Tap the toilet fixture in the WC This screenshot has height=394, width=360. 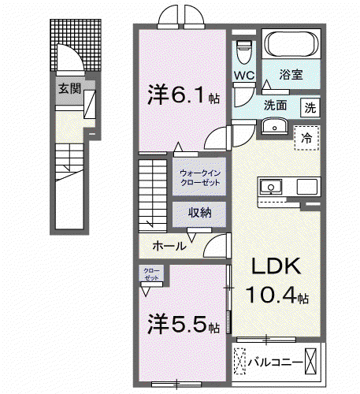(244, 52)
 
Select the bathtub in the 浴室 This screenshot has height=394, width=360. (291, 44)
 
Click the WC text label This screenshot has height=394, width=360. (244, 76)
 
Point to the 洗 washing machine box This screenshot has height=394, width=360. (310, 107)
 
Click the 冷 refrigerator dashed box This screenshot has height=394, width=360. (306, 138)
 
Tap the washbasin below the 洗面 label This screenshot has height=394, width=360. (275, 126)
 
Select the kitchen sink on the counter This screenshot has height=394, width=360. (271, 187)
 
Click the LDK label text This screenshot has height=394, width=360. (276, 266)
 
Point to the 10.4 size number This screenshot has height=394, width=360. (271, 295)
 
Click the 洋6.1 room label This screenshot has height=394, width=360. (184, 95)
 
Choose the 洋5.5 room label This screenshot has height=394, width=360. (184, 324)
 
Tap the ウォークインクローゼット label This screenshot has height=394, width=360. (200, 177)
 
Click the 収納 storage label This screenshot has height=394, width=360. (200, 212)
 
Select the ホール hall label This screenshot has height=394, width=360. (169, 246)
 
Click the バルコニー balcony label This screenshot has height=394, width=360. (276, 362)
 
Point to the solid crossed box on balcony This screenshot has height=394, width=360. (310, 361)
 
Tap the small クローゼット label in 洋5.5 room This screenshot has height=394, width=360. (151, 274)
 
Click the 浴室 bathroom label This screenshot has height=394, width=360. (291, 75)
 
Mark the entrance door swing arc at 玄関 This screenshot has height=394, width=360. (76, 53)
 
